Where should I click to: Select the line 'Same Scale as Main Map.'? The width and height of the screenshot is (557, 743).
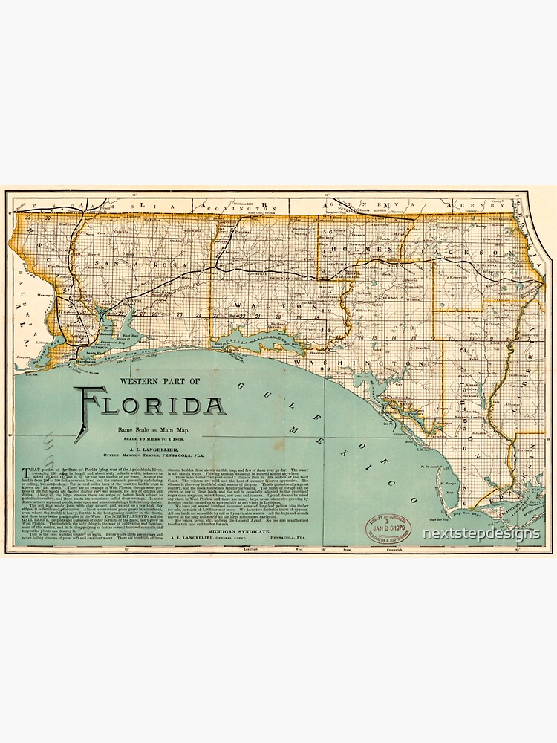tap(151, 431)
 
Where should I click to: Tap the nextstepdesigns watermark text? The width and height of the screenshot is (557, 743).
tap(481, 533)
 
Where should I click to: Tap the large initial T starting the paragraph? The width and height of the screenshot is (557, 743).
tap(28, 470)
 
